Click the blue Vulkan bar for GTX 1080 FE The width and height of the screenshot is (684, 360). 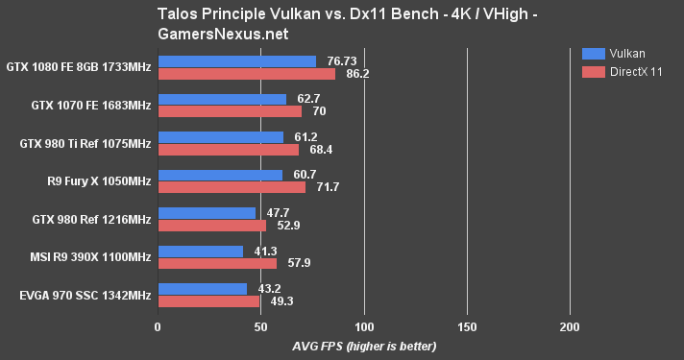236,61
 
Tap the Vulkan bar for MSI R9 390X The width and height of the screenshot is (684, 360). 200,251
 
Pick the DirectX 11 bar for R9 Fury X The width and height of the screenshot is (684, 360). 232,187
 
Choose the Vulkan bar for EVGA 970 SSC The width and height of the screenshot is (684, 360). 202,289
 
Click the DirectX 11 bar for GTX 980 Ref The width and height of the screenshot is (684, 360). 211,226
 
